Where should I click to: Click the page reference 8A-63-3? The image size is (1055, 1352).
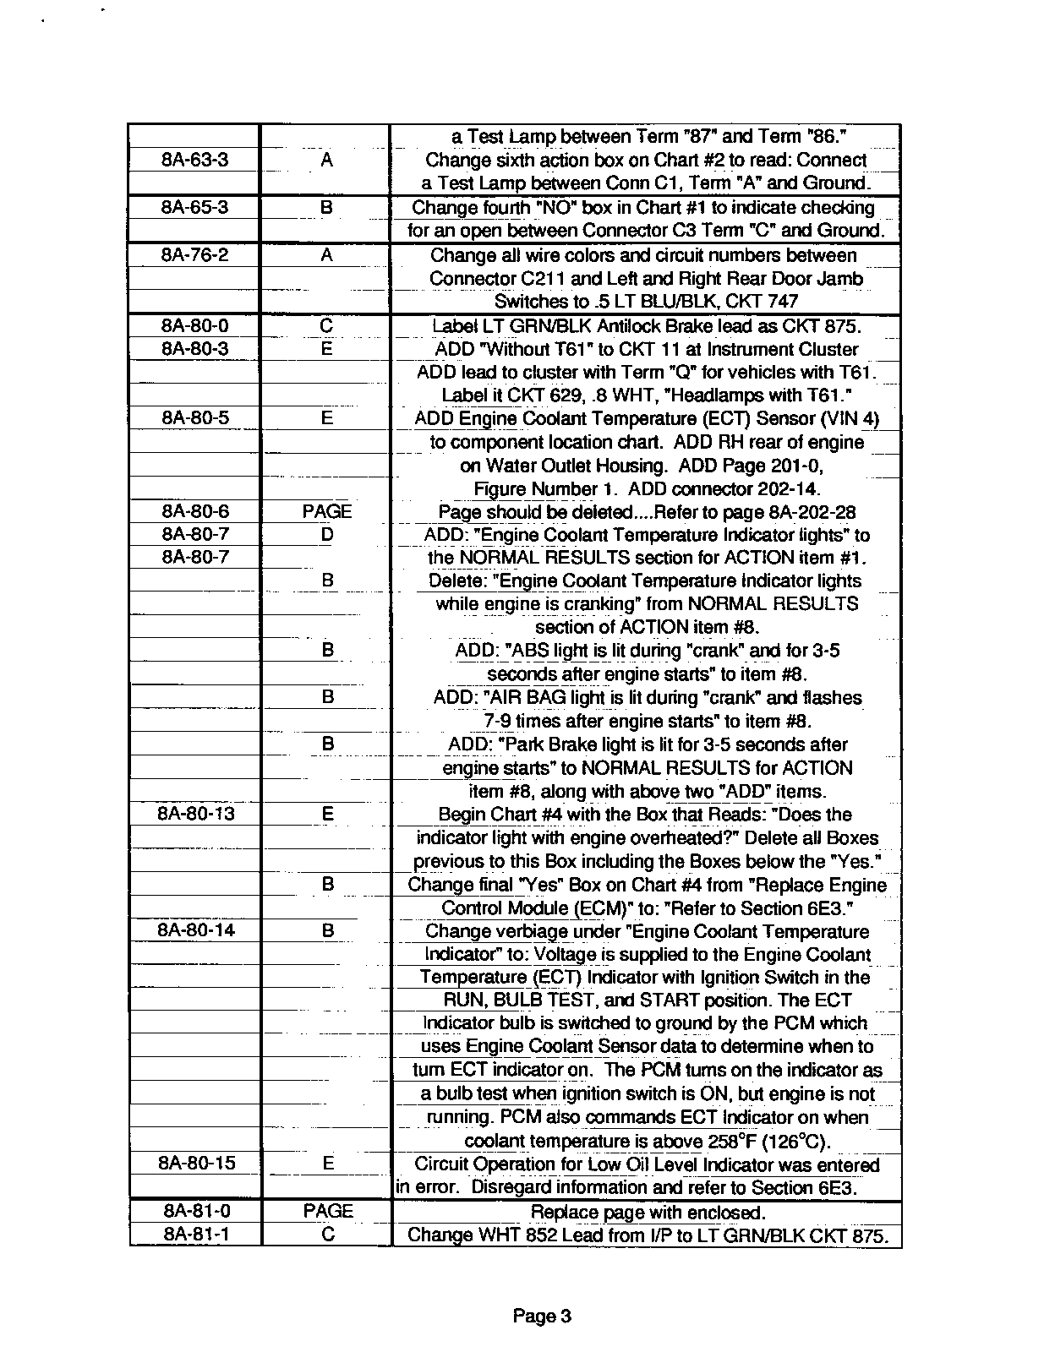tap(195, 160)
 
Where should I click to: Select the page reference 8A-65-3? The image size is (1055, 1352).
tap(195, 207)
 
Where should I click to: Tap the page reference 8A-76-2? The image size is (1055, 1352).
tap(195, 255)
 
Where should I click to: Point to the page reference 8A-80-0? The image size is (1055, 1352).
tap(195, 325)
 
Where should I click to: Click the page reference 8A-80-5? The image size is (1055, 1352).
tap(195, 417)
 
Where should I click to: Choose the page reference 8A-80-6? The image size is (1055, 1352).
tap(195, 511)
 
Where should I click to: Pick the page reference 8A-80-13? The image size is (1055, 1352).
tap(196, 814)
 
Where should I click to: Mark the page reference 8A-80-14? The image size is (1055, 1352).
tap(196, 929)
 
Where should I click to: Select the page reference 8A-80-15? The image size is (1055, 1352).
tap(196, 1163)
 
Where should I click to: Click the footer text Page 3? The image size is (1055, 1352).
tap(542, 1316)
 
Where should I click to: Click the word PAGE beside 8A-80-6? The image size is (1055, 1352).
tap(326, 511)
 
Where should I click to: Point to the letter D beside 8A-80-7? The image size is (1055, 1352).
tap(327, 534)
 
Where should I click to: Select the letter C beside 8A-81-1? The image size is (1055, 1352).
tap(328, 1234)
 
